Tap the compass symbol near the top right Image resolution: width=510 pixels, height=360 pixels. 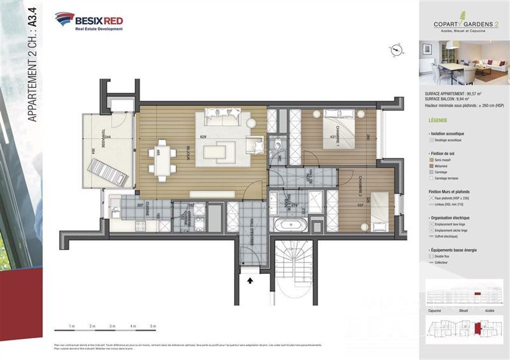pos(396,49)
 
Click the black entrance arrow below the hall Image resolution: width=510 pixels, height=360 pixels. pos(250,278)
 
